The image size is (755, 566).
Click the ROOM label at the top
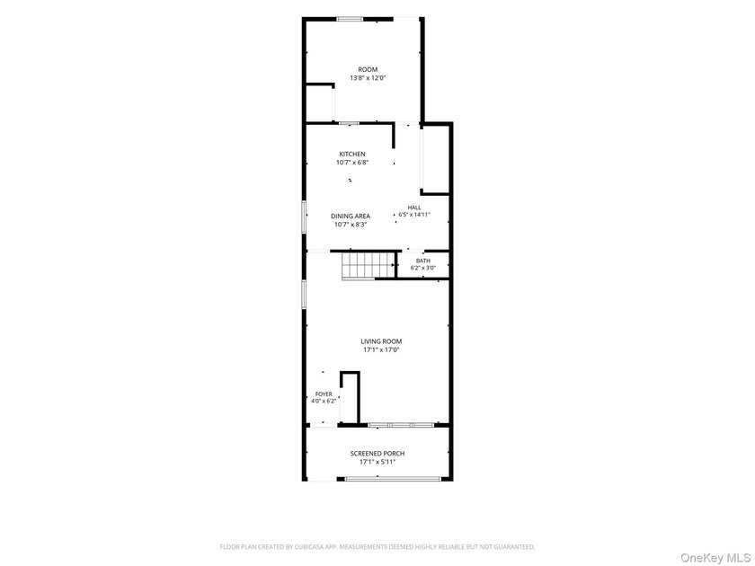(368, 69)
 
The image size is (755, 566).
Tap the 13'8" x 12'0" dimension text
(368, 77)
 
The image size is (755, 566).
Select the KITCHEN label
(352, 154)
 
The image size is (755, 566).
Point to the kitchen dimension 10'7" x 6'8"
(352, 163)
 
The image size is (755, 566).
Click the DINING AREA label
(351, 217)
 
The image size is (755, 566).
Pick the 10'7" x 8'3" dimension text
(351, 225)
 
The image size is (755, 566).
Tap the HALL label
(414, 208)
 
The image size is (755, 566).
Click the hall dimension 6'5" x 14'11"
(414, 215)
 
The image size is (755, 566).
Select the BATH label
(423, 261)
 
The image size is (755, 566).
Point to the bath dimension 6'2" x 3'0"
(423, 268)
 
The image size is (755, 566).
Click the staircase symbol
(368, 266)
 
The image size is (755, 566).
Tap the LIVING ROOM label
(381, 341)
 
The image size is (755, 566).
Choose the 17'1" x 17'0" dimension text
(381, 349)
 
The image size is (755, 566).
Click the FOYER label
(324, 394)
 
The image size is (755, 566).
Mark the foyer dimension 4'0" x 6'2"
(324, 401)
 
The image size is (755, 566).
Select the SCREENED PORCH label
(377, 454)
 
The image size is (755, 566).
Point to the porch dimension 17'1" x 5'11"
(377, 462)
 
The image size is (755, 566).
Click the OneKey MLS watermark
(715, 558)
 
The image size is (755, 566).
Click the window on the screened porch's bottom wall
(393, 479)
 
